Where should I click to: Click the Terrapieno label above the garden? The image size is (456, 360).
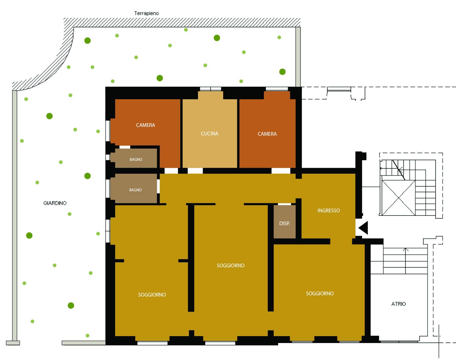[147, 14]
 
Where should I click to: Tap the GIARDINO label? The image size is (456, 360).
[55, 203]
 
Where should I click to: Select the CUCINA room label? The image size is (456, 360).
[210, 134]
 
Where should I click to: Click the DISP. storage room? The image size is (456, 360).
[284, 222]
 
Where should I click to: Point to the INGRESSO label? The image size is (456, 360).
[329, 210]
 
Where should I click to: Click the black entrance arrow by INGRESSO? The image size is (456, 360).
[363, 228]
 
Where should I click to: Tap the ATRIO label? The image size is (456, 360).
[399, 304]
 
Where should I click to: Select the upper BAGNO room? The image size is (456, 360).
[134, 158]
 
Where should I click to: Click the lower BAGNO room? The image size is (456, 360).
[134, 188]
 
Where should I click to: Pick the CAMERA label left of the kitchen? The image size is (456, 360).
[145, 125]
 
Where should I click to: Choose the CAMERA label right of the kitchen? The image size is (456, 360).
[267, 134]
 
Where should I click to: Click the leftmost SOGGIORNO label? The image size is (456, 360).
[152, 295]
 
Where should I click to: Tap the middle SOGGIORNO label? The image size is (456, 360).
[231, 265]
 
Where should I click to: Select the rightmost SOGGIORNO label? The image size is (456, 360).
[320, 293]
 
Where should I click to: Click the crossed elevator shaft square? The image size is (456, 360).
[398, 198]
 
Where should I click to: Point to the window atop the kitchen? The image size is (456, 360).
[210, 89]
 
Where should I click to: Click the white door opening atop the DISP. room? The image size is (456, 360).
[284, 204]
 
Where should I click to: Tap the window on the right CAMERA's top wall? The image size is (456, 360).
[277, 89]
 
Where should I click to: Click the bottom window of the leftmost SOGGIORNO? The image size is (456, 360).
[152, 343]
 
